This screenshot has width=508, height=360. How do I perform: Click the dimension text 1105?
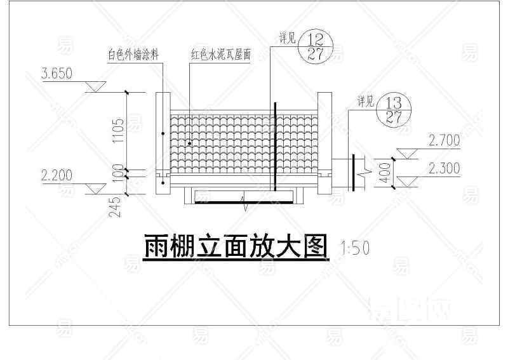(x=117, y=131)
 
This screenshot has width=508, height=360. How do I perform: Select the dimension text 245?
(x=117, y=206)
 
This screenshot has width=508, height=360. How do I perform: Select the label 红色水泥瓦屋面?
(x=222, y=55)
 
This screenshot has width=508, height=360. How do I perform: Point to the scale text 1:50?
(x=355, y=248)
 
